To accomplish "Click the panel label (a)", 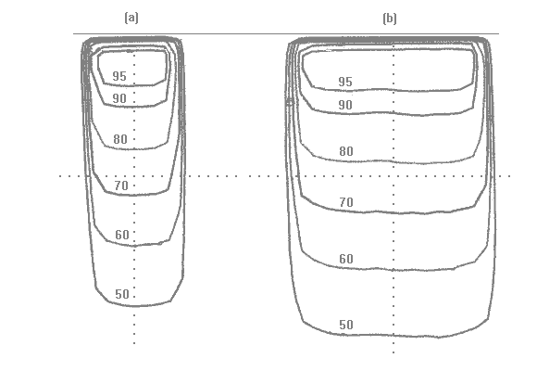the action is tap(131, 18).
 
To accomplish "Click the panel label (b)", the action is tap(390, 19).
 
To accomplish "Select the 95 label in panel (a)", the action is tap(119, 76).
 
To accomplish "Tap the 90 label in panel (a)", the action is tap(119, 99).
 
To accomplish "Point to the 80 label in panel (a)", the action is tap(120, 139).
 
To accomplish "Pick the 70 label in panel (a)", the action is tap(121, 185).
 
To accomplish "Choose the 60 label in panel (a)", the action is tap(122, 235).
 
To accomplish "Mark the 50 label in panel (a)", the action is tap(122, 294).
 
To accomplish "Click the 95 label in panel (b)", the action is tap(345, 82).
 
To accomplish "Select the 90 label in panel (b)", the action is tap(345, 105).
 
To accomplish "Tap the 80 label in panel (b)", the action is tap(346, 151).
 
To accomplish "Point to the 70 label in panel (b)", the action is tap(346, 202).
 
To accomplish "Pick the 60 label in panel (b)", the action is tap(346, 259).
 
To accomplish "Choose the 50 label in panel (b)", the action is tap(346, 325).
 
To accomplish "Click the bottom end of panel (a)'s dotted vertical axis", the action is tap(134, 343).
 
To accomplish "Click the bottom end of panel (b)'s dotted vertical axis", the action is tap(393, 352).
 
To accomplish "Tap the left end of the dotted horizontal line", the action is tap(60, 176).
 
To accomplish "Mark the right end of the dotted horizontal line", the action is tap(510, 176).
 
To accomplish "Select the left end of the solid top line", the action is tap(73, 34).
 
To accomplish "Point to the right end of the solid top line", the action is tap(499, 34).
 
